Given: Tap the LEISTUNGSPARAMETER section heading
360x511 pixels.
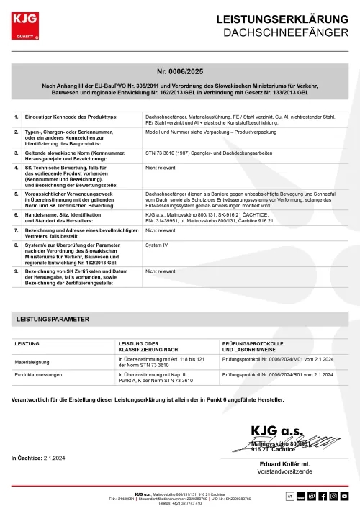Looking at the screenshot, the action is pyautogui.click(x=53, y=318).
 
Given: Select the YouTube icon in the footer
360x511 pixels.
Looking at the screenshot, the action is pyautogui.click(x=344, y=496).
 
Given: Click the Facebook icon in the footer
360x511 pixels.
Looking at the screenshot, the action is pyautogui.click(x=323, y=496).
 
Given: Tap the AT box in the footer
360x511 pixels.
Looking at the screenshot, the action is pyautogui.click(x=290, y=496).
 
